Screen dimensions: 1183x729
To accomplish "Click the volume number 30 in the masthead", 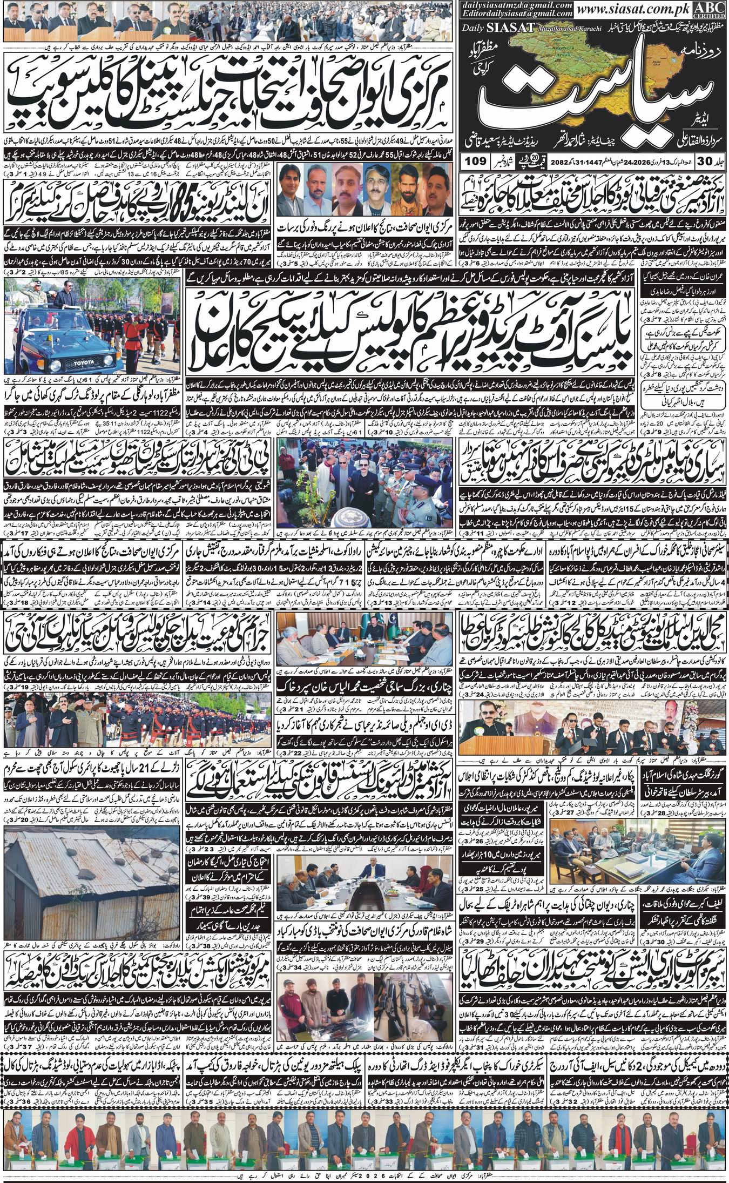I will coord(713,161).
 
